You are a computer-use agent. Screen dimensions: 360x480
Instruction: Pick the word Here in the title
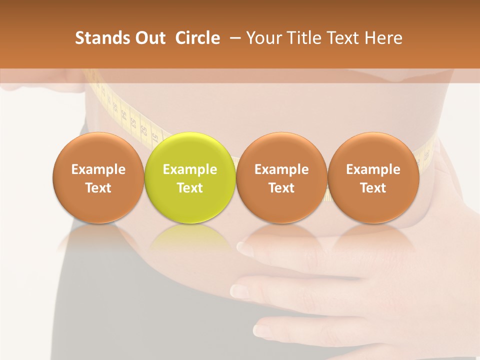pyautogui.click(x=383, y=38)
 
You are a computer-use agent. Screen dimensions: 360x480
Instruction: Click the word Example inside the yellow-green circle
pyautogui.click(x=190, y=169)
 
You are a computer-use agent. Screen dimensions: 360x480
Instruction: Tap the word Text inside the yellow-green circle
pyautogui.click(x=190, y=188)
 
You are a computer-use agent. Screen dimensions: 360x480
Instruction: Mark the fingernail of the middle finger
pyautogui.click(x=239, y=290)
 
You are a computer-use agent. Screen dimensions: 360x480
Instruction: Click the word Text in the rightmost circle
pyautogui.click(x=373, y=188)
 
